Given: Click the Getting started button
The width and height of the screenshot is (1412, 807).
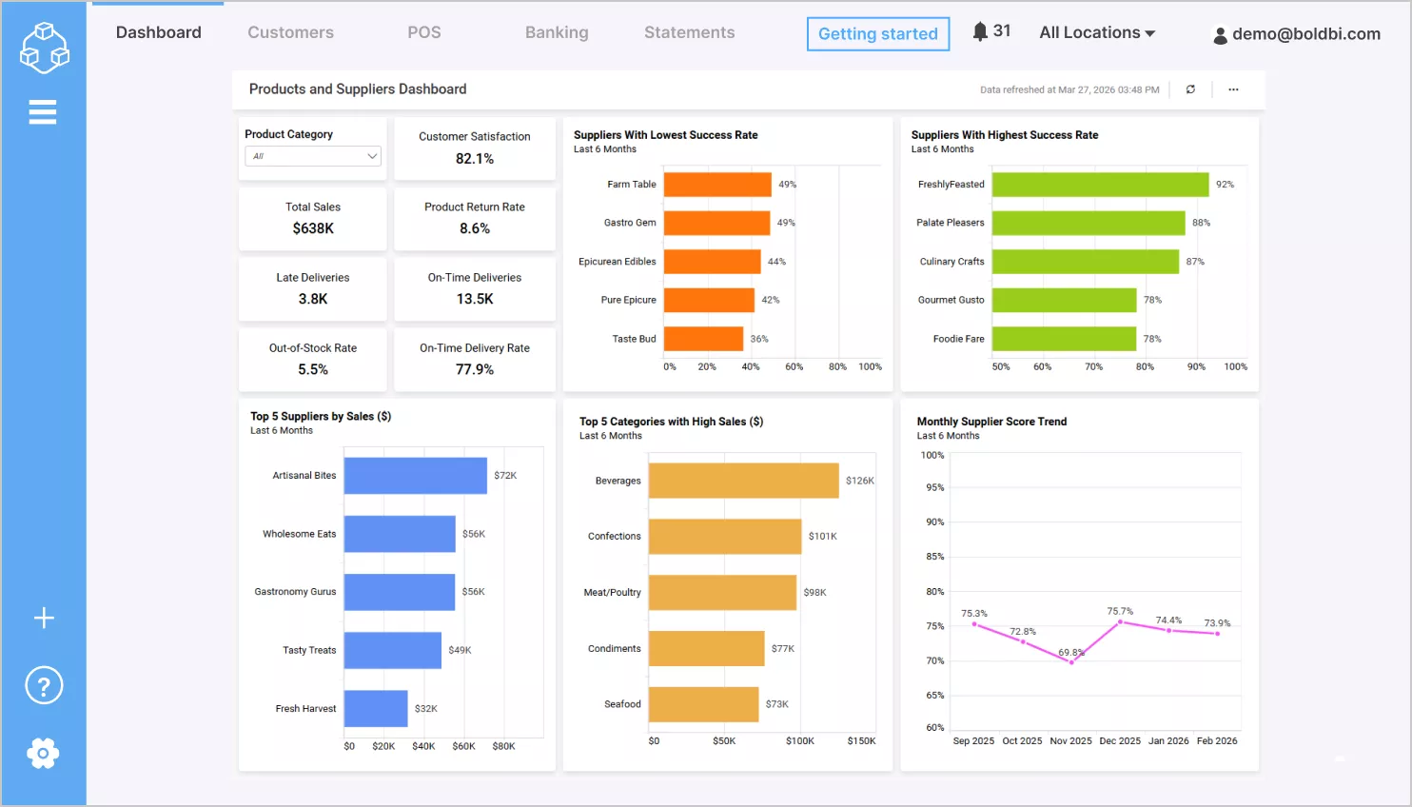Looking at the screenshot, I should tap(877, 34).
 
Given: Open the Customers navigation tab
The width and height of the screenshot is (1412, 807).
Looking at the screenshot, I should tap(290, 32).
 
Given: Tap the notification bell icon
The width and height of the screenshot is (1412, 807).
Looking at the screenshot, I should tap(980, 31).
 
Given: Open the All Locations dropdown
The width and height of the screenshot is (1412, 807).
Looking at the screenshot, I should tap(1096, 32).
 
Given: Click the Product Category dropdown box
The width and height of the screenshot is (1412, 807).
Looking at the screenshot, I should tap(313, 156).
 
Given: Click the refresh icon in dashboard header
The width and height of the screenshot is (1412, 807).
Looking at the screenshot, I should tap(1190, 89).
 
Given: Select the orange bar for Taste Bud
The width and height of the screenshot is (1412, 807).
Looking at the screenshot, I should tap(703, 339).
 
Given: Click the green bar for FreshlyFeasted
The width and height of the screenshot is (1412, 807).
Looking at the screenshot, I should tap(1100, 185).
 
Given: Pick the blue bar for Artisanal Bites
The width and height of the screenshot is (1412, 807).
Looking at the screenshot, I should tap(415, 476).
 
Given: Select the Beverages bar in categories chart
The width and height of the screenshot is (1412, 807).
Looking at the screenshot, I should tap(743, 481).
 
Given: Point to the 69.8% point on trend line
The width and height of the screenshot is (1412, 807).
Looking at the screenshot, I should tap(1071, 662).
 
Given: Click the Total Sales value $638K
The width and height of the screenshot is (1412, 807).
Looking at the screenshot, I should tap(313, 228).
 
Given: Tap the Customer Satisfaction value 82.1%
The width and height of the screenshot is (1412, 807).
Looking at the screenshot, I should tap(474, 159).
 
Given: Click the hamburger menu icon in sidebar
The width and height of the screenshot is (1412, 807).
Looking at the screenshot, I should tap(43, 112).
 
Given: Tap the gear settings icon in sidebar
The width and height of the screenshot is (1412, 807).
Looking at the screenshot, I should tap(43, 754).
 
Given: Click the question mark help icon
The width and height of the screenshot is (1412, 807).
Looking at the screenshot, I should tap(44, 685).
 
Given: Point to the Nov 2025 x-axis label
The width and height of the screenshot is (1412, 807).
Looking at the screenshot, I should tap(1070, 741).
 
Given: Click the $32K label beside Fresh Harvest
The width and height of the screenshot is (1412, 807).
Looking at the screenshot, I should tap(426, 709).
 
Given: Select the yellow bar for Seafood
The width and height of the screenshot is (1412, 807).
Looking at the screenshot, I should tap(703, 704).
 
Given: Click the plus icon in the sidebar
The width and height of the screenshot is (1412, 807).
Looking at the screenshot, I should tap(44, 619).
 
